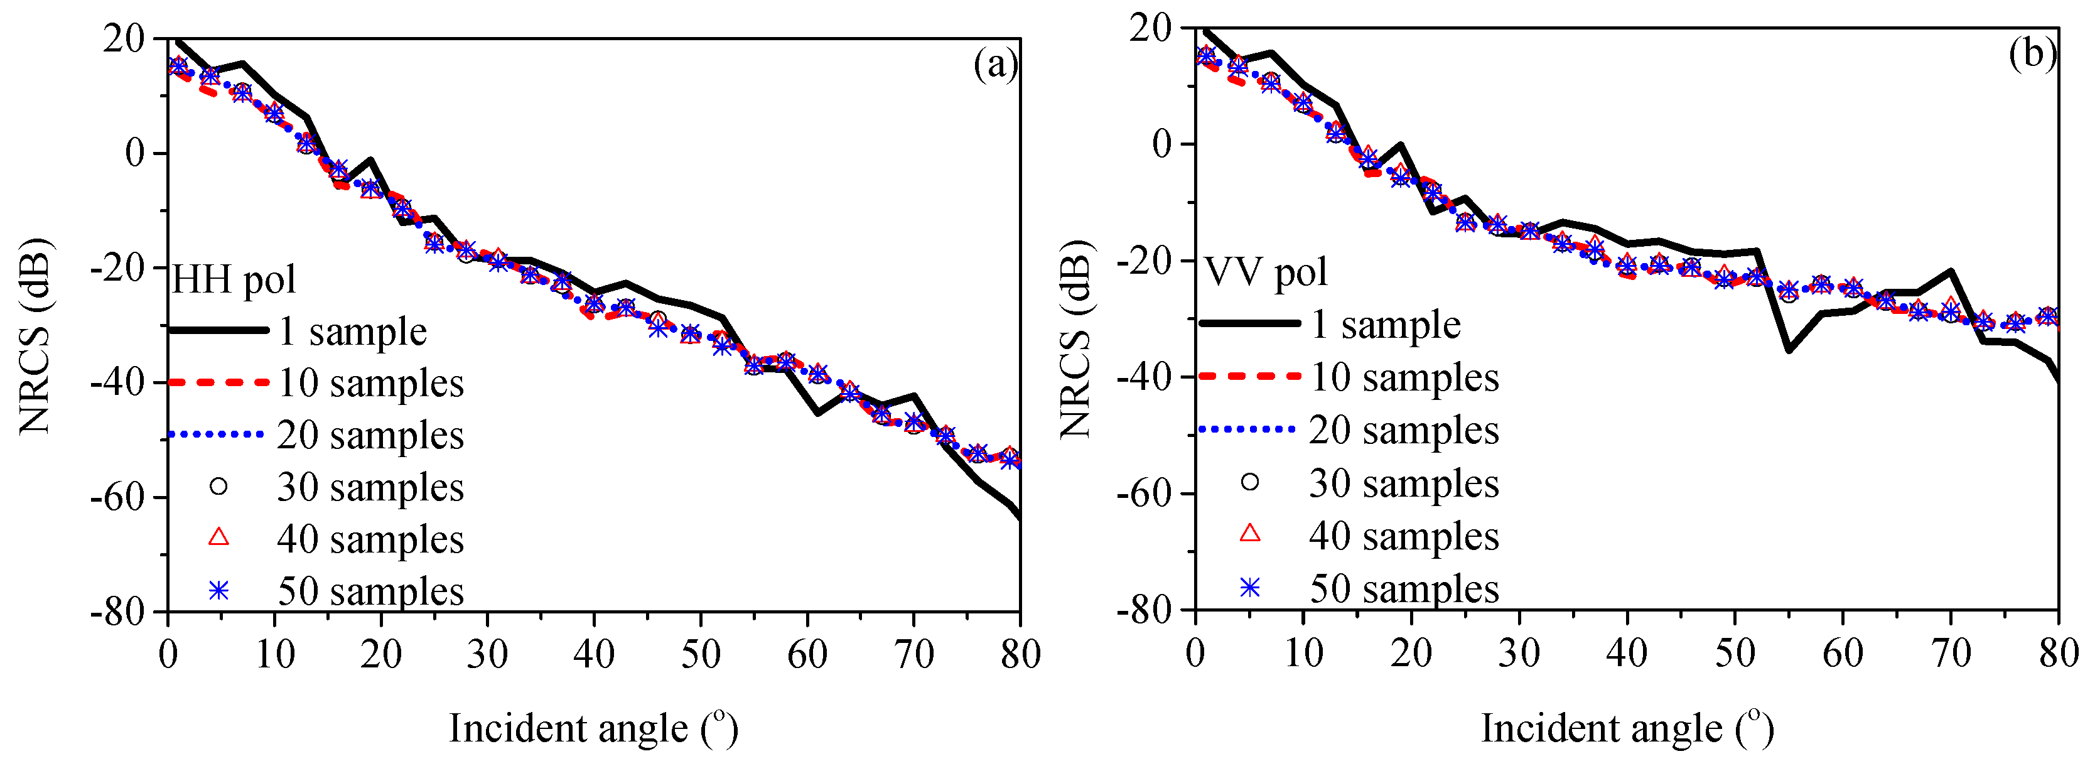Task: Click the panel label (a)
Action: point(994,64)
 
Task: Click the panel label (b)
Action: point(2032,55)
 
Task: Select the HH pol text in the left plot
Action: point(234,280)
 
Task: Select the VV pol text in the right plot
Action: point(1266,272)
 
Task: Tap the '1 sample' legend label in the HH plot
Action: point(352,331)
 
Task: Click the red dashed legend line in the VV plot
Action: point(1249,375)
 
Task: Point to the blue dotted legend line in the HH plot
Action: point(217,435)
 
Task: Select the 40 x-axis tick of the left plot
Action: point(594,654)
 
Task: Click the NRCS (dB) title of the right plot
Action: point(1077,339)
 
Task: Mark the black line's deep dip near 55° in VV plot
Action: point(1788,350)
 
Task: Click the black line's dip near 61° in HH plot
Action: point(818,414)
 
